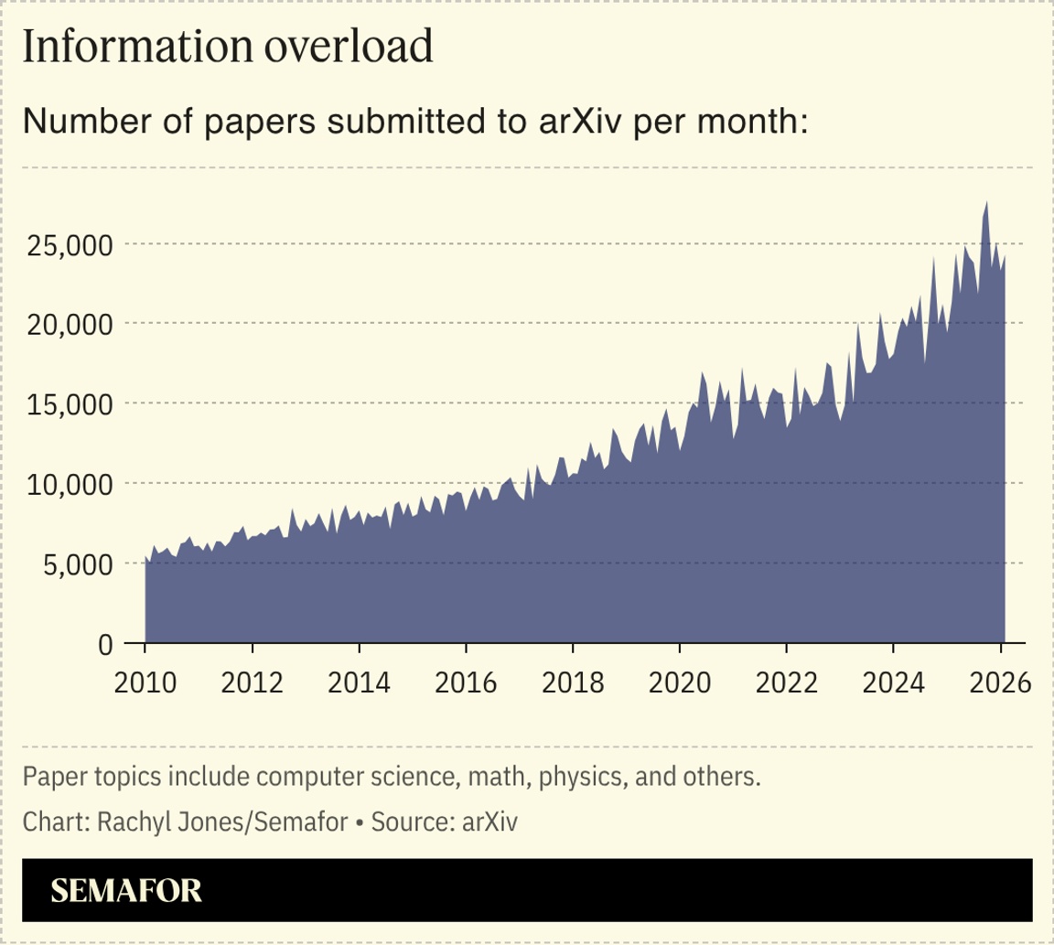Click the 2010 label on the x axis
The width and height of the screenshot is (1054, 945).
tap(145, 682)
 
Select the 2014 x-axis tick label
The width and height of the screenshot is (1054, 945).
tap(359, 682)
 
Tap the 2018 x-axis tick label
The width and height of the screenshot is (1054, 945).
tap(572, 682)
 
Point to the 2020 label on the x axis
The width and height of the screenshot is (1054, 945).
tap(679, 682)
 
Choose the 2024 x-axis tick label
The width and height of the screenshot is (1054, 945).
tap(893, 682)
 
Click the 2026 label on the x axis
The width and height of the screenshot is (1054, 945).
tap(999, 682)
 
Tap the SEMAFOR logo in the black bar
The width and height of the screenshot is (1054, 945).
tap(126, 891)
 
